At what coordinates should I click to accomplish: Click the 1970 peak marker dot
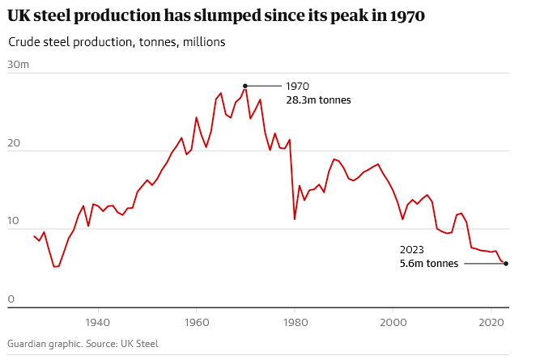(245, 86)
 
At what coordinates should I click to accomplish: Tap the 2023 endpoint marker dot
(506, 264)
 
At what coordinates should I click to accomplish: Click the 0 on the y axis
(11, 300)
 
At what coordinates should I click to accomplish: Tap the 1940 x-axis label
(98, 321)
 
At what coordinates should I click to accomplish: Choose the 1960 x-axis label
(196, 321)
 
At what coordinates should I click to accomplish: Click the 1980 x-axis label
(295, 321)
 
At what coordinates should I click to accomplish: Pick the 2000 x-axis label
(393, 321)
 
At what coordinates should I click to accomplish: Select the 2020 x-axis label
(491, 321)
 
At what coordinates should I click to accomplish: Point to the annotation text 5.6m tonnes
(429, 264)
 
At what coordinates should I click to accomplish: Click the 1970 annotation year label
(298, 87)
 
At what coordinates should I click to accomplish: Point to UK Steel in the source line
(138, 344)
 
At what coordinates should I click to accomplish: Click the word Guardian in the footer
(30, 344)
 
